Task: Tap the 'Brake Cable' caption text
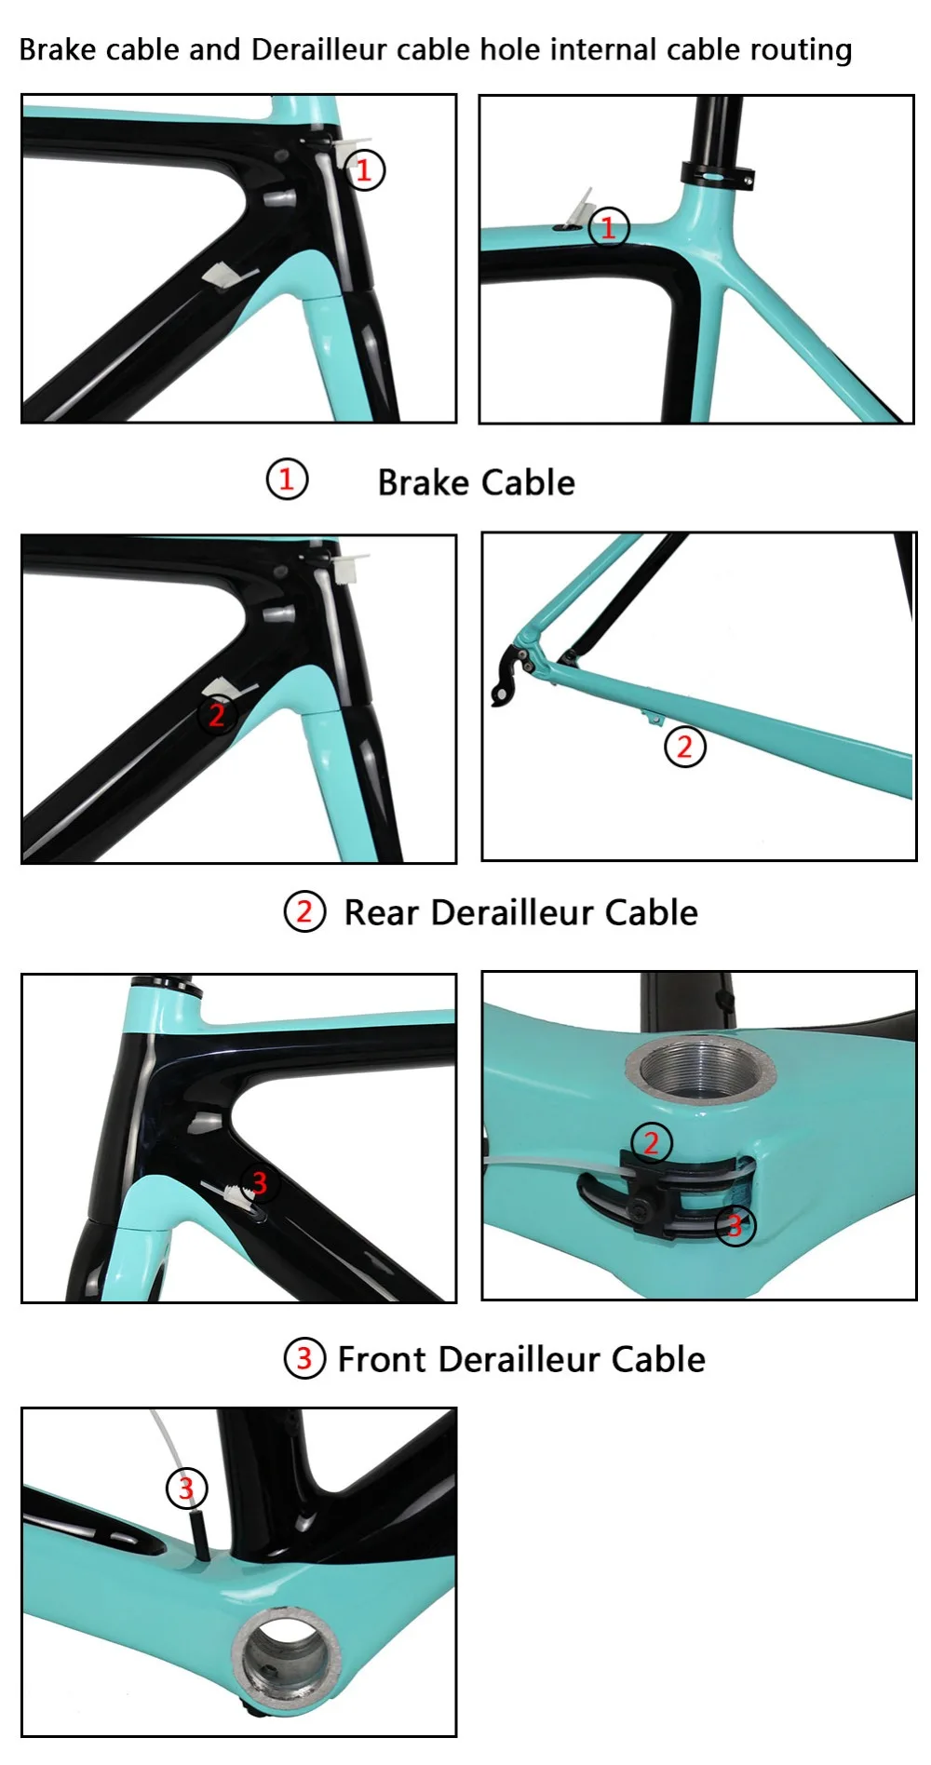coord(476,482)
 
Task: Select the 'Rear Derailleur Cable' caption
coord(520,912)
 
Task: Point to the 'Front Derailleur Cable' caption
coord(520,1359)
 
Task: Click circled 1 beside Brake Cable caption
coord(287,479)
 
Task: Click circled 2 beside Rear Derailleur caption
coord(304,911)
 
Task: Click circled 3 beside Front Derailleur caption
coord(304,1358)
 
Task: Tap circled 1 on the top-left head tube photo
coord(364,170)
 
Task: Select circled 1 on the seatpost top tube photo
coord(609,227)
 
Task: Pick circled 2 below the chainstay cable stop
coord(684,746)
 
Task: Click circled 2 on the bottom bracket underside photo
coord(651,1142)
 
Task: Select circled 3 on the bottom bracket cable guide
coord(735,1225)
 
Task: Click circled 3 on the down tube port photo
coord(259,1183)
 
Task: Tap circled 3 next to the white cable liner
coord(186,1488)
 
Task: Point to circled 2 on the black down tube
coord(217,715)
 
